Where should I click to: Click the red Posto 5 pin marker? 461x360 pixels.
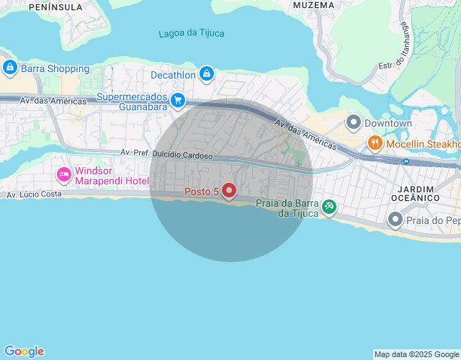click(x=229, y=190)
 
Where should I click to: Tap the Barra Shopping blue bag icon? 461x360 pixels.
click(x=9, y=68)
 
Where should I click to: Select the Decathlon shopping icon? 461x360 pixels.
click(x=207, y=73)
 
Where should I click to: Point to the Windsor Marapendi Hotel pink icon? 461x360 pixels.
click(x=64, y=174)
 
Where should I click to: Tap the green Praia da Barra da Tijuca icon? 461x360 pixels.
click(x=328, y=207)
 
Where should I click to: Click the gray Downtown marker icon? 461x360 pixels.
click(x=353, y=123)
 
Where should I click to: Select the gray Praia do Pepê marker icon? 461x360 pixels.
click(x=395, y=219)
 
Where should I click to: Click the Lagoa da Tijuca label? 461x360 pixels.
click(x=192, y=33)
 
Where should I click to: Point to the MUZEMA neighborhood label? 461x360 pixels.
click(x=314, y=5)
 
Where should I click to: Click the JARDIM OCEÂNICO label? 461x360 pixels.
click(x=414, y=192)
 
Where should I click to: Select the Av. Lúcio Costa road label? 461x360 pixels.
click(x=34, y=195)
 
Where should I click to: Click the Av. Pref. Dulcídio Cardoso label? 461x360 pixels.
click(x=166, y=153)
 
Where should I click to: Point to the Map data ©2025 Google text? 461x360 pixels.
click(x=416, y=354)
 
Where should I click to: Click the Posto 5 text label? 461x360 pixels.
click(x=202, y=192)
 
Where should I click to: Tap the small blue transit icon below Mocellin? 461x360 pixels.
click(x=406, y=161)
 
